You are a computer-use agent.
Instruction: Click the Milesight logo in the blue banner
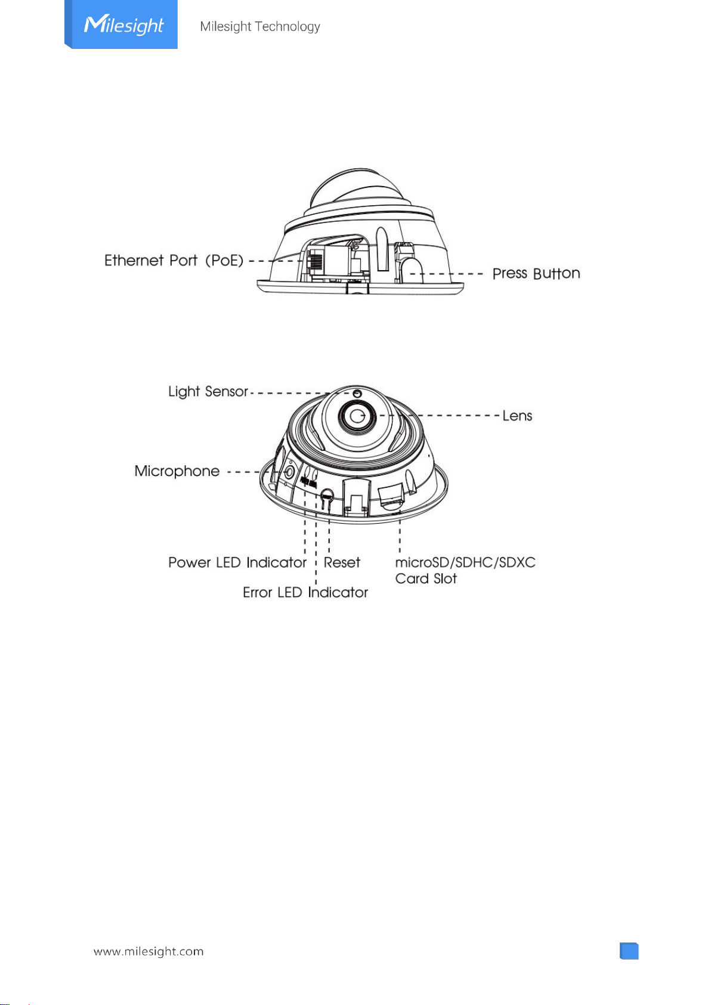(x=124, y=25)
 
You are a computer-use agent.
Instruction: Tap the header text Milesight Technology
(x=259, y=26)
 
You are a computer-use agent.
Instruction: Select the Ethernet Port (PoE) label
(x=174, y=260)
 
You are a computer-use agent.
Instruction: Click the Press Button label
(x=536, y=273)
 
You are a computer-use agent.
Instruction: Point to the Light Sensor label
(x=208, y=391)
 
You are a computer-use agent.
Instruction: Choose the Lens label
(x=517, y=416)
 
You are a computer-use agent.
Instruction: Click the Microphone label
(x=177, y=471)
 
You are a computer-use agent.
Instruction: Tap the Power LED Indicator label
(x=237, y=562)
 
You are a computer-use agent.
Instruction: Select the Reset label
(x=342, y=562)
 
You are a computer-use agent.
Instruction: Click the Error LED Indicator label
(x=305, y=592)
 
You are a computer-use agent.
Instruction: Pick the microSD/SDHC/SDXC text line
(x=465, y=562)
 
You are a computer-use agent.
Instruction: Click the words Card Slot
(x=426, y=579)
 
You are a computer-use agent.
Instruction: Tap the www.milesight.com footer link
(x=149, y=951)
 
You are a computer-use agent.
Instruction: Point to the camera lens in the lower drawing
(x=357, y=416)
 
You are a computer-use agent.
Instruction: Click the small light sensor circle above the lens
(x=357, y=394)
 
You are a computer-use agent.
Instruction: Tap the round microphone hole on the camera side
(x=289, y=472)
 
